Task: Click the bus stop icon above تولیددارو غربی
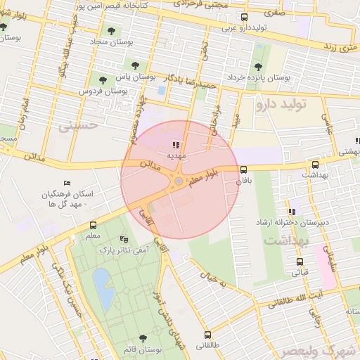244,18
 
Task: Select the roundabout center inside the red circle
179,181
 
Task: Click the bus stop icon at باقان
244,169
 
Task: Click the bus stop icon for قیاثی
300,262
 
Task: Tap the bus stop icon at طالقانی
207,335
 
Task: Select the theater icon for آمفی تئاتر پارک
124,239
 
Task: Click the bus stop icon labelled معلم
94,226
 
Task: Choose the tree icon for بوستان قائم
144,338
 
